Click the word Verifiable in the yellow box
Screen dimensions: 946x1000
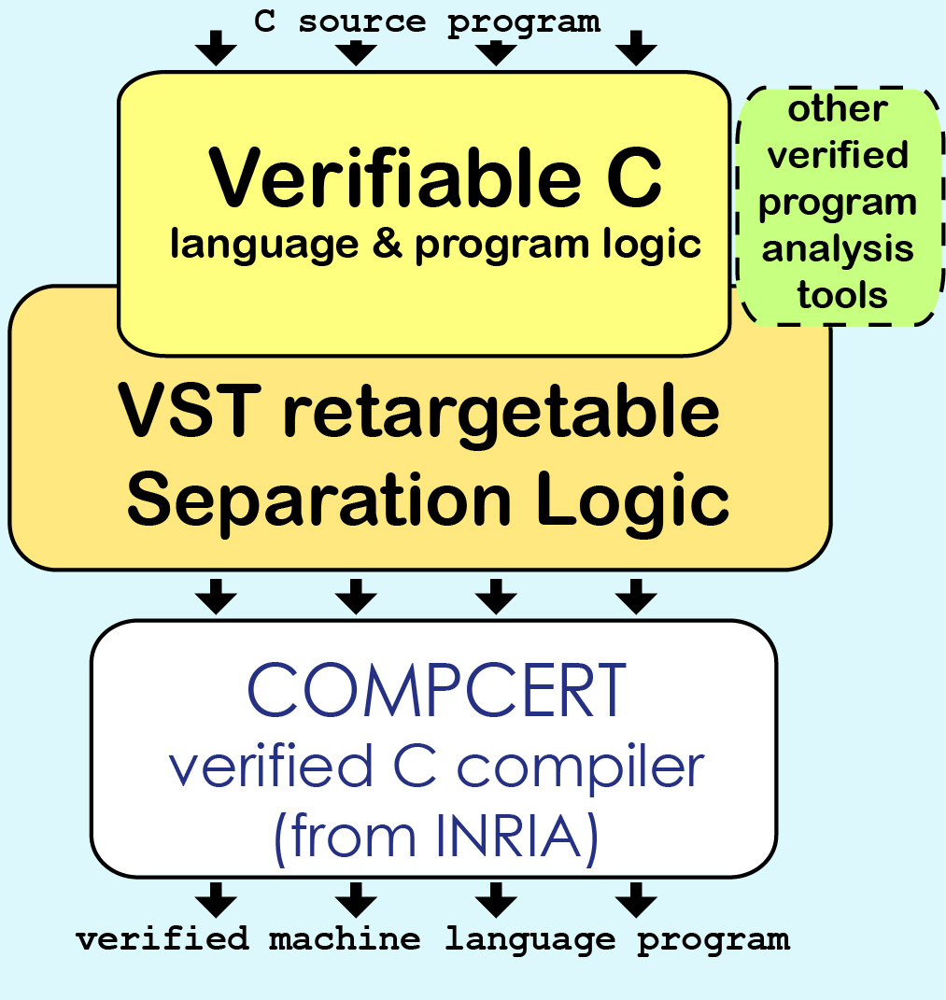tap(395, 176)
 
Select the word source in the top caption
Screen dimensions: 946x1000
tap(361, 22)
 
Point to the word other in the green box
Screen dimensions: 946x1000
tap(838, 109)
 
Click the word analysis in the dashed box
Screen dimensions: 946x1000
tap(838, 248)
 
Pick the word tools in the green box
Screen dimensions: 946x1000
tap(842, 295)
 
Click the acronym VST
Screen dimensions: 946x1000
tap(190, 411)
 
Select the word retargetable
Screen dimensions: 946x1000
tap(501, 415)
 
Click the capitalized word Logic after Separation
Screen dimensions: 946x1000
tap(632, 501)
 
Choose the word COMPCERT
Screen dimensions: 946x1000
tap(436, 690)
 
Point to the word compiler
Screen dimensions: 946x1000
tap(581, 768)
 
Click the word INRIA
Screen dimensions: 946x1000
tap(509, 836)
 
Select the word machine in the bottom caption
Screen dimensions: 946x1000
tap(345, 938)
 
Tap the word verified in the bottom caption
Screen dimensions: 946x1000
tap(162, 938)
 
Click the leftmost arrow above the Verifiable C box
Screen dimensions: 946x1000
tap(217, 48)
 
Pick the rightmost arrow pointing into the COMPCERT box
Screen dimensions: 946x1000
tap(636, 597)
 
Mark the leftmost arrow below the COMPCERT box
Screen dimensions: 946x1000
tap(217, 900)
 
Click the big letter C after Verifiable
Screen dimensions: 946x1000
tap(634, 177)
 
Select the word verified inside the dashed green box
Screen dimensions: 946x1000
tap(838, 155)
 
